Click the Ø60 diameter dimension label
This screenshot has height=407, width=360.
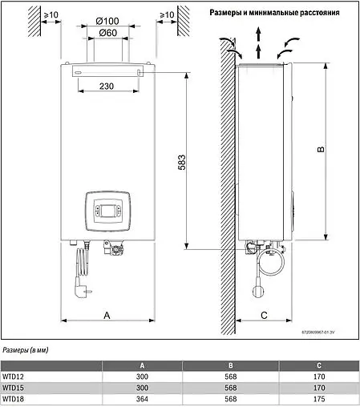click(107, 32)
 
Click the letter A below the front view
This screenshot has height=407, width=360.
click(107, 316)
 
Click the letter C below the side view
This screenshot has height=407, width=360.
click(264, 316)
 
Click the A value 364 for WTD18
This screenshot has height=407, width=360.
click(142, 398)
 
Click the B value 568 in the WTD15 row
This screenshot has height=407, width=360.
click(231, 388)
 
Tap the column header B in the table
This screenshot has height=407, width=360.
click(231, 366)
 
